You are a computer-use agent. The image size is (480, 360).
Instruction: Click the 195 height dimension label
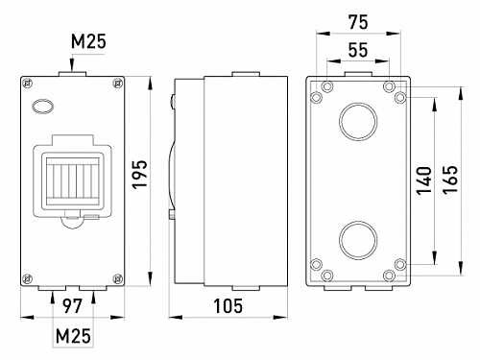point(140,175)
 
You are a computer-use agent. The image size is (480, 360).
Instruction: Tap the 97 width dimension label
point(72,306)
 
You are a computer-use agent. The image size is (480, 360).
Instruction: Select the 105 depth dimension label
point(228,306)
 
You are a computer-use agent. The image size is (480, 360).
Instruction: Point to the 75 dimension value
point(358,22)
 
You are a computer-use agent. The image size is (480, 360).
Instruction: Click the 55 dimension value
point(358,50)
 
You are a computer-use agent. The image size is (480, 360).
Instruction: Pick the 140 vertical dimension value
point(423,180)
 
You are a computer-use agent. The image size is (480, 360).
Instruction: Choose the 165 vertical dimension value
point(450,180)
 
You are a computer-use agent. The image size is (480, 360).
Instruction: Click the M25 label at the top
point(88,41)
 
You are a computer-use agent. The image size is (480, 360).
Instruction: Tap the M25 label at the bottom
point(73,336)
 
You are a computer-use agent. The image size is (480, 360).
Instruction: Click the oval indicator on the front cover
point(42,107)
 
